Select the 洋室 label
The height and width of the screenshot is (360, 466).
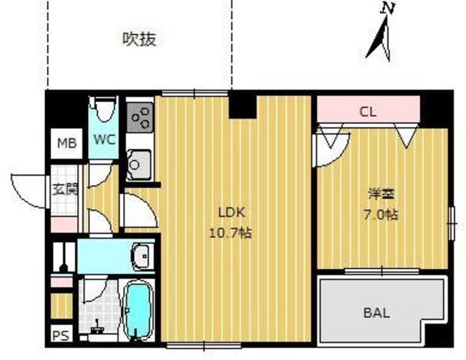[376, 195]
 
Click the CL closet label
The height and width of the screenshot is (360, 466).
[368, 112]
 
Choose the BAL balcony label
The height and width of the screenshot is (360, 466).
[376, 313]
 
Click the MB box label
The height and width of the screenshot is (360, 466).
[66, 143]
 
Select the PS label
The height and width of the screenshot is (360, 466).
[61, 336]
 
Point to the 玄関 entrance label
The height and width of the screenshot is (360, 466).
[64, 189]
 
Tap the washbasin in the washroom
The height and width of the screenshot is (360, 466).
[141, 257]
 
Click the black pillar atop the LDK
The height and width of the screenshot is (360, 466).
[241, 106]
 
